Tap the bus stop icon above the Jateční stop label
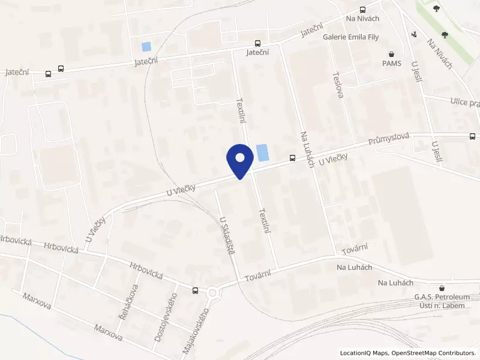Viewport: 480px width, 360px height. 257,43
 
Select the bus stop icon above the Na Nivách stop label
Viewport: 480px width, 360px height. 362,10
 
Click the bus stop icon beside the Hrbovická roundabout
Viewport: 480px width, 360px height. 196,290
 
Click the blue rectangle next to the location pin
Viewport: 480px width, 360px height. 262,152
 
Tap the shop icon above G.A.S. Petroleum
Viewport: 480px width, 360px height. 442,289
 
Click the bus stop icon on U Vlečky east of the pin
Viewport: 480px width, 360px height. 292,158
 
